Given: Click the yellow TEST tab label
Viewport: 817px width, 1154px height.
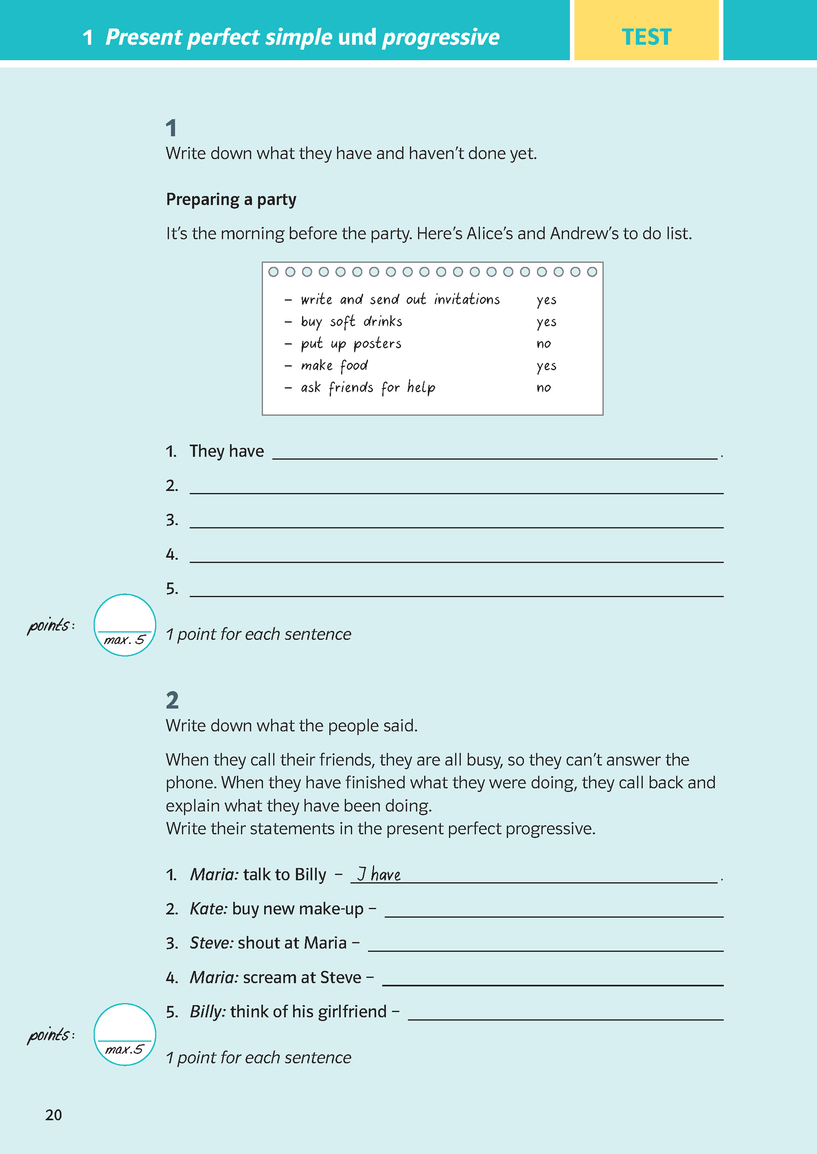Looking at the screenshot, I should (x=646, y=37).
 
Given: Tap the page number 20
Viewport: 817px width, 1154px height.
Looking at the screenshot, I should (x=54, y=1115).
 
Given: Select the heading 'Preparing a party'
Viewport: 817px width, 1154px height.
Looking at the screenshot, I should (x=231, y=200).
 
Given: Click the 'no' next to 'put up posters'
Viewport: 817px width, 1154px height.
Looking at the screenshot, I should (x=543, y=344).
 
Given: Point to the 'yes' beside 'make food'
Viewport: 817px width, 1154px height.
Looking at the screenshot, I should (x=546, y=366).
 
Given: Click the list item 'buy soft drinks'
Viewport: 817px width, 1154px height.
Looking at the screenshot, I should (x=351, y=322).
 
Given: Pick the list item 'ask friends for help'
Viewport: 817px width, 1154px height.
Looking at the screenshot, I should (x=368, y=388).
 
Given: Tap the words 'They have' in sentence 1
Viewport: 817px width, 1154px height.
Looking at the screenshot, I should (x=226, y=452).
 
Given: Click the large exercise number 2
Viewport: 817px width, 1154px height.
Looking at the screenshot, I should (x=172, y=700).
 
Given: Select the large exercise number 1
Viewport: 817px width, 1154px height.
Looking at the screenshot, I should (x=171, y=128).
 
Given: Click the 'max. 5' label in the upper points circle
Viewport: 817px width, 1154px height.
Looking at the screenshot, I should (x=124, y=640).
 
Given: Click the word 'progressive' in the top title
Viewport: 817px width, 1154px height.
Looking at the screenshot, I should (x=441, y=37).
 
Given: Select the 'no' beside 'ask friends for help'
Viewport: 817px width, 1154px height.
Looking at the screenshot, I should (x=543, y=388).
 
